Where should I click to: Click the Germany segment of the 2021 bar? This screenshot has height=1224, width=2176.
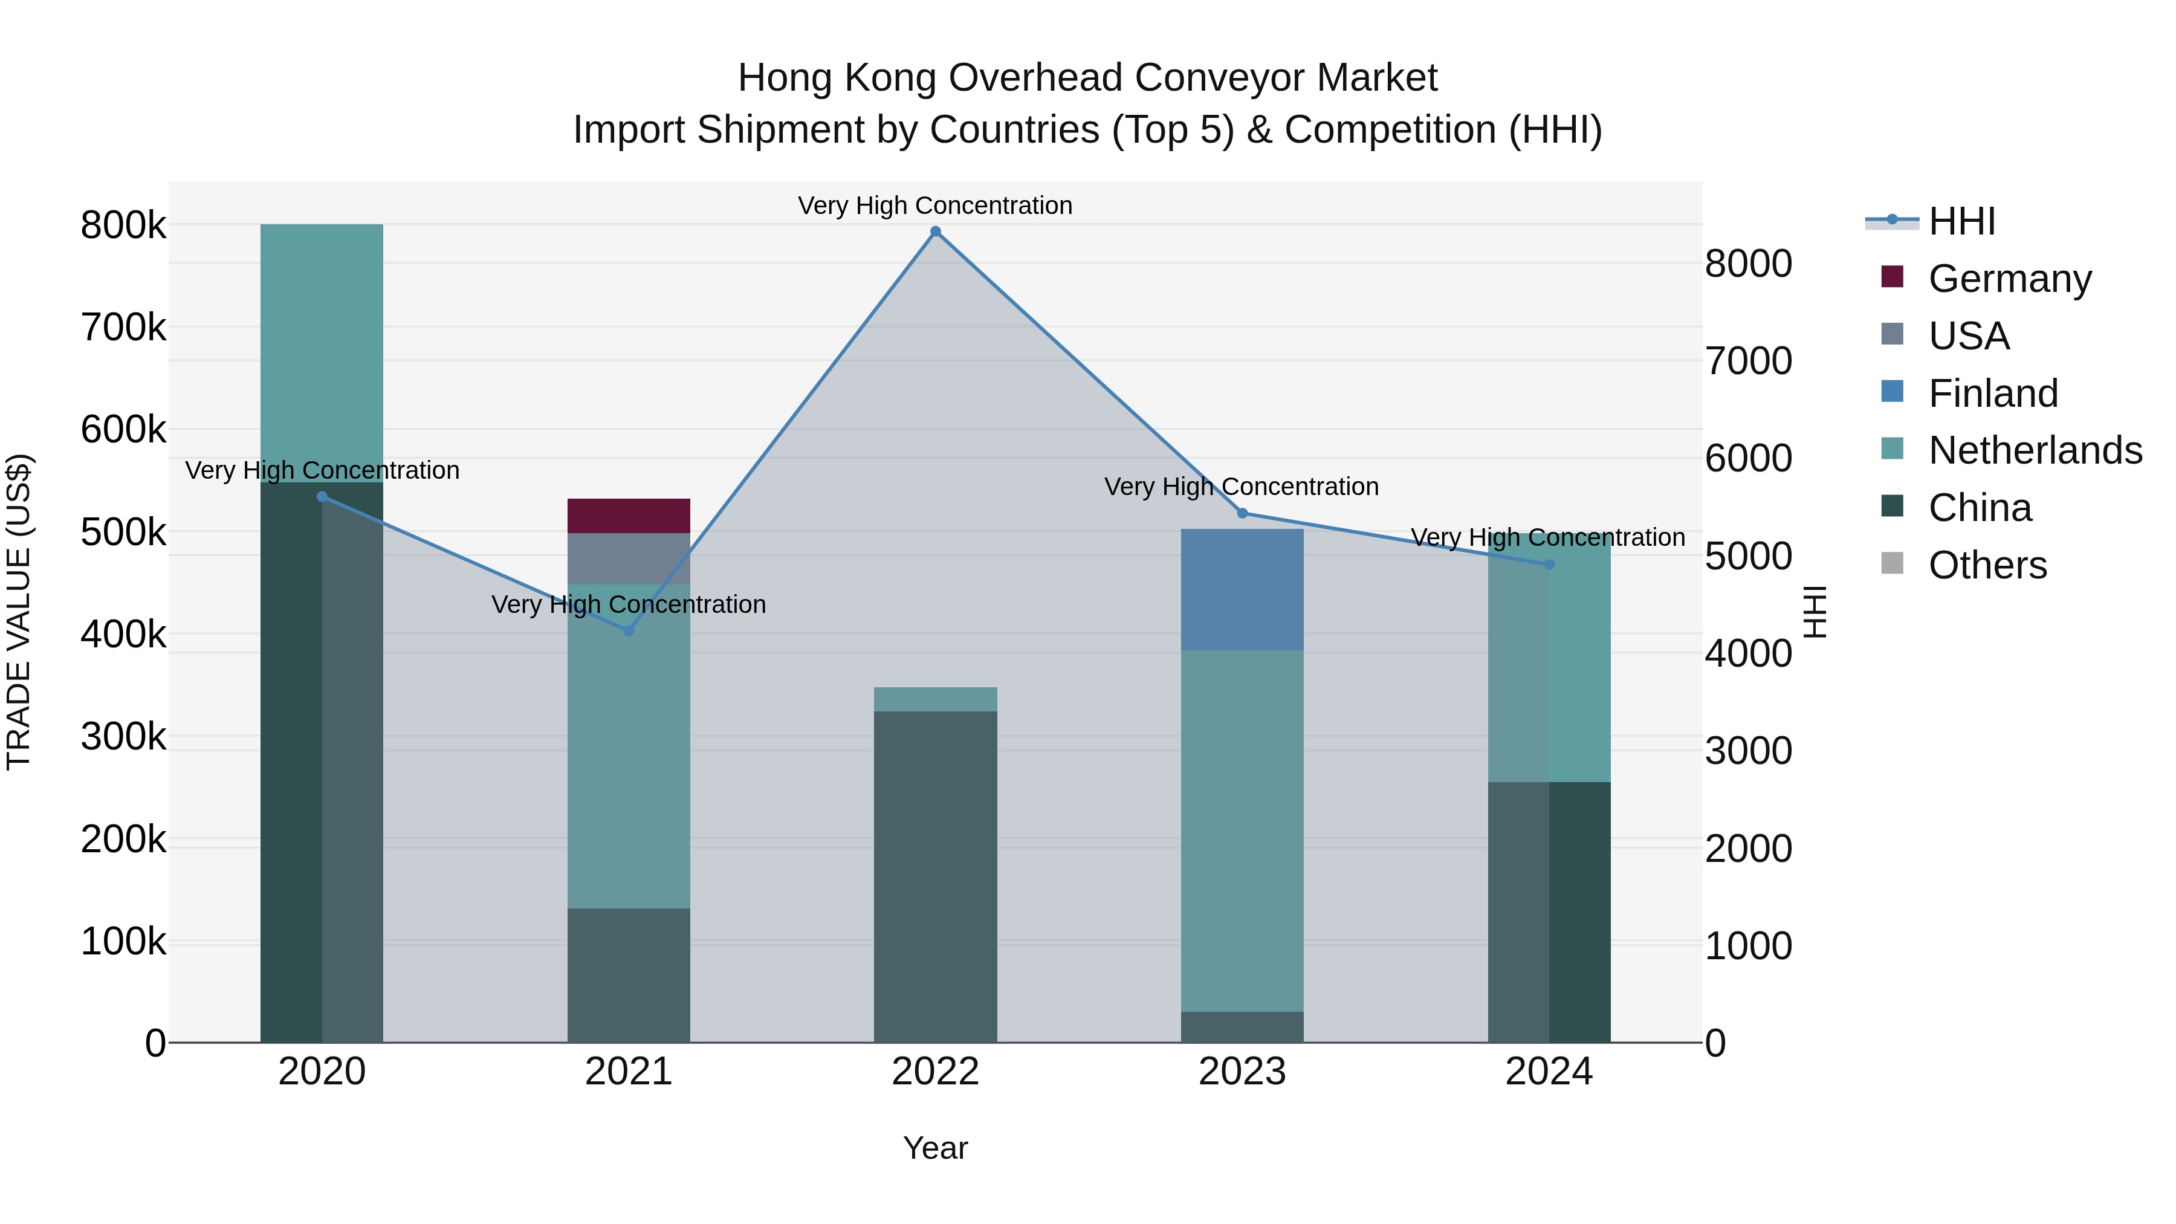click(x=629, y=515)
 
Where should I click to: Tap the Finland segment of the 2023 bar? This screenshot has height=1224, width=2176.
click(x=1242, y=589)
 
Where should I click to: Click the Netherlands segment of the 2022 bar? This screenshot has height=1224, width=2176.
click(x=935, y=699)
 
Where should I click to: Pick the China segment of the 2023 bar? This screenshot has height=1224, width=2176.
click(x=1242, y=1026)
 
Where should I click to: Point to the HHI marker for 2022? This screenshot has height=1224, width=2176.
click(x=935, y=232)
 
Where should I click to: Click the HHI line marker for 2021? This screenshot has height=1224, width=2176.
click(x=629, y=631)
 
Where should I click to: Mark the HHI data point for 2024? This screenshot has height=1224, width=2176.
click(x=1549, y=565)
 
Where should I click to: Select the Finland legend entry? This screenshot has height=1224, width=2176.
click(x=1993, y=393)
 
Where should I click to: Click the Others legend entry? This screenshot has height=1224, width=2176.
click(x=1987, y=565)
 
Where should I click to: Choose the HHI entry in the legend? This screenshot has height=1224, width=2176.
click(x=1961, y=221)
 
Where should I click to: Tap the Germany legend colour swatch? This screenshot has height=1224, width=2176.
click(x=1892, y=277)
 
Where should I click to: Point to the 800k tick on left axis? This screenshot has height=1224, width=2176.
click(x=123, y=225)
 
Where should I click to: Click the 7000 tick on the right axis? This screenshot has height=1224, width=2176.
click(x=1747, y=361)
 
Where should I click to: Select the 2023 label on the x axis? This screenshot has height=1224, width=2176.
click(x=1242, y=1072)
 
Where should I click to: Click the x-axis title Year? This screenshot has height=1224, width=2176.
click(x=935, y=1148)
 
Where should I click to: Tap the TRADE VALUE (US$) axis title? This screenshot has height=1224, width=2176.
click(x=19, y=612)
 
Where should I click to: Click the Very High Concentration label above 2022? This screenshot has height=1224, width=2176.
click(x=935, y=206)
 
